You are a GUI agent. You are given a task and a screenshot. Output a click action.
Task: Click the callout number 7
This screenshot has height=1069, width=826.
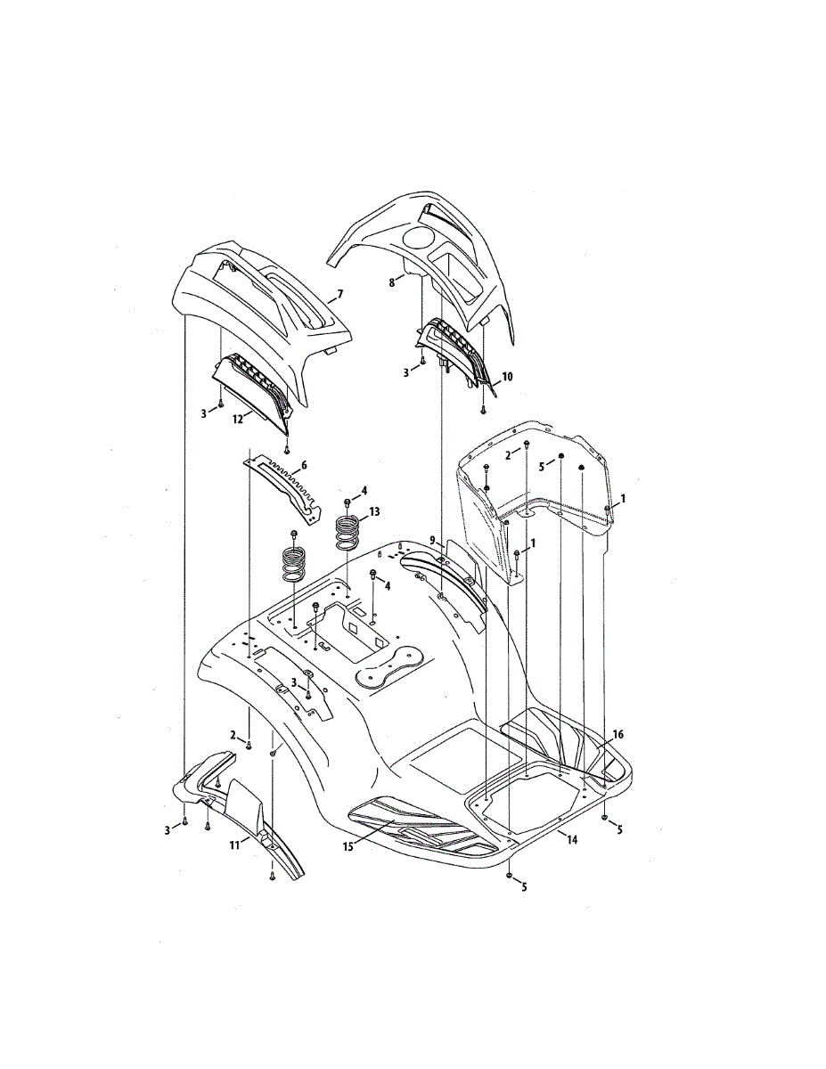click(339, 293)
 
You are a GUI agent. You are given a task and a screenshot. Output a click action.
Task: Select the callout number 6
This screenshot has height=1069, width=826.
click(304, 465)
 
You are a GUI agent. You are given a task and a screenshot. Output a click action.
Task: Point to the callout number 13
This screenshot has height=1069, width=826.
click(374, 511)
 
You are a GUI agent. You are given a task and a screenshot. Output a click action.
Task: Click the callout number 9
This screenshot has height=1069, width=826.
click(432, 540)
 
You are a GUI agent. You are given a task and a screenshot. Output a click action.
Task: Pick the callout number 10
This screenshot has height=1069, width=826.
click(507, 377)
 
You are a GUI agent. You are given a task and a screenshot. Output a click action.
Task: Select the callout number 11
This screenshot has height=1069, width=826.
click(234, 844)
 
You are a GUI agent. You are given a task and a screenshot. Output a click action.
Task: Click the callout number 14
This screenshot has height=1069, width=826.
click(571, 839)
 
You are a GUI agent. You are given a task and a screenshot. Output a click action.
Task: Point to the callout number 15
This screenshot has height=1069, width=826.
click(348, 845)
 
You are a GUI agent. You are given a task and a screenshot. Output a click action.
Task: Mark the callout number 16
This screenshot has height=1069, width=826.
click(618, 734)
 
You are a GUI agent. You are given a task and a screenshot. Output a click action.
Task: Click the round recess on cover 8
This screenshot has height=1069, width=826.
click(416, 237)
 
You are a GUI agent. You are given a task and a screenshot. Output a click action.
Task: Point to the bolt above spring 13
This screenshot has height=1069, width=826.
click(347, 503)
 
